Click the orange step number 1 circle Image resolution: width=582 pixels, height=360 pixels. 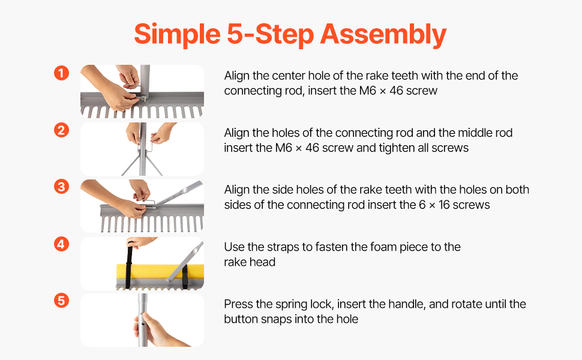pyautogui.click(x=62, y=73)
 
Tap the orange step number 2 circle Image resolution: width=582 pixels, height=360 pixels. pyautogui.click(x=62, y=130)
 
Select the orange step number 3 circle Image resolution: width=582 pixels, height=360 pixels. pyautogui.click(x=62, y=187)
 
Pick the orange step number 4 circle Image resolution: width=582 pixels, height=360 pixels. pyautogui.click(x=62, y=244)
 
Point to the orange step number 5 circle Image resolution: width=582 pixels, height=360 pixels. pyautogui.click(x=62, y=300)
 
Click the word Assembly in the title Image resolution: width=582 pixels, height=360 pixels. pyautogui.click(x=383, y=35)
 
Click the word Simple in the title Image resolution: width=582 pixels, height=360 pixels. pyautogui.click(x=178, y=35)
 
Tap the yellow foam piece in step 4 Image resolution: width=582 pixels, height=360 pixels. pyautogui.click(x=160, y=271)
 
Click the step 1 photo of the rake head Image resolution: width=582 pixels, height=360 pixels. pyautogui.click(x=142, y=91)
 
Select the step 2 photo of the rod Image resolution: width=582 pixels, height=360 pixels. pyautogui.click(x=142, y=149)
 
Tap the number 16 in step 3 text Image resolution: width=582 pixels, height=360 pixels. pyautogui.click(x=444, y=205)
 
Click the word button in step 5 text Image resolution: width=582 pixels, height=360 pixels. pyautogui.click(x=241, y=319)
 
